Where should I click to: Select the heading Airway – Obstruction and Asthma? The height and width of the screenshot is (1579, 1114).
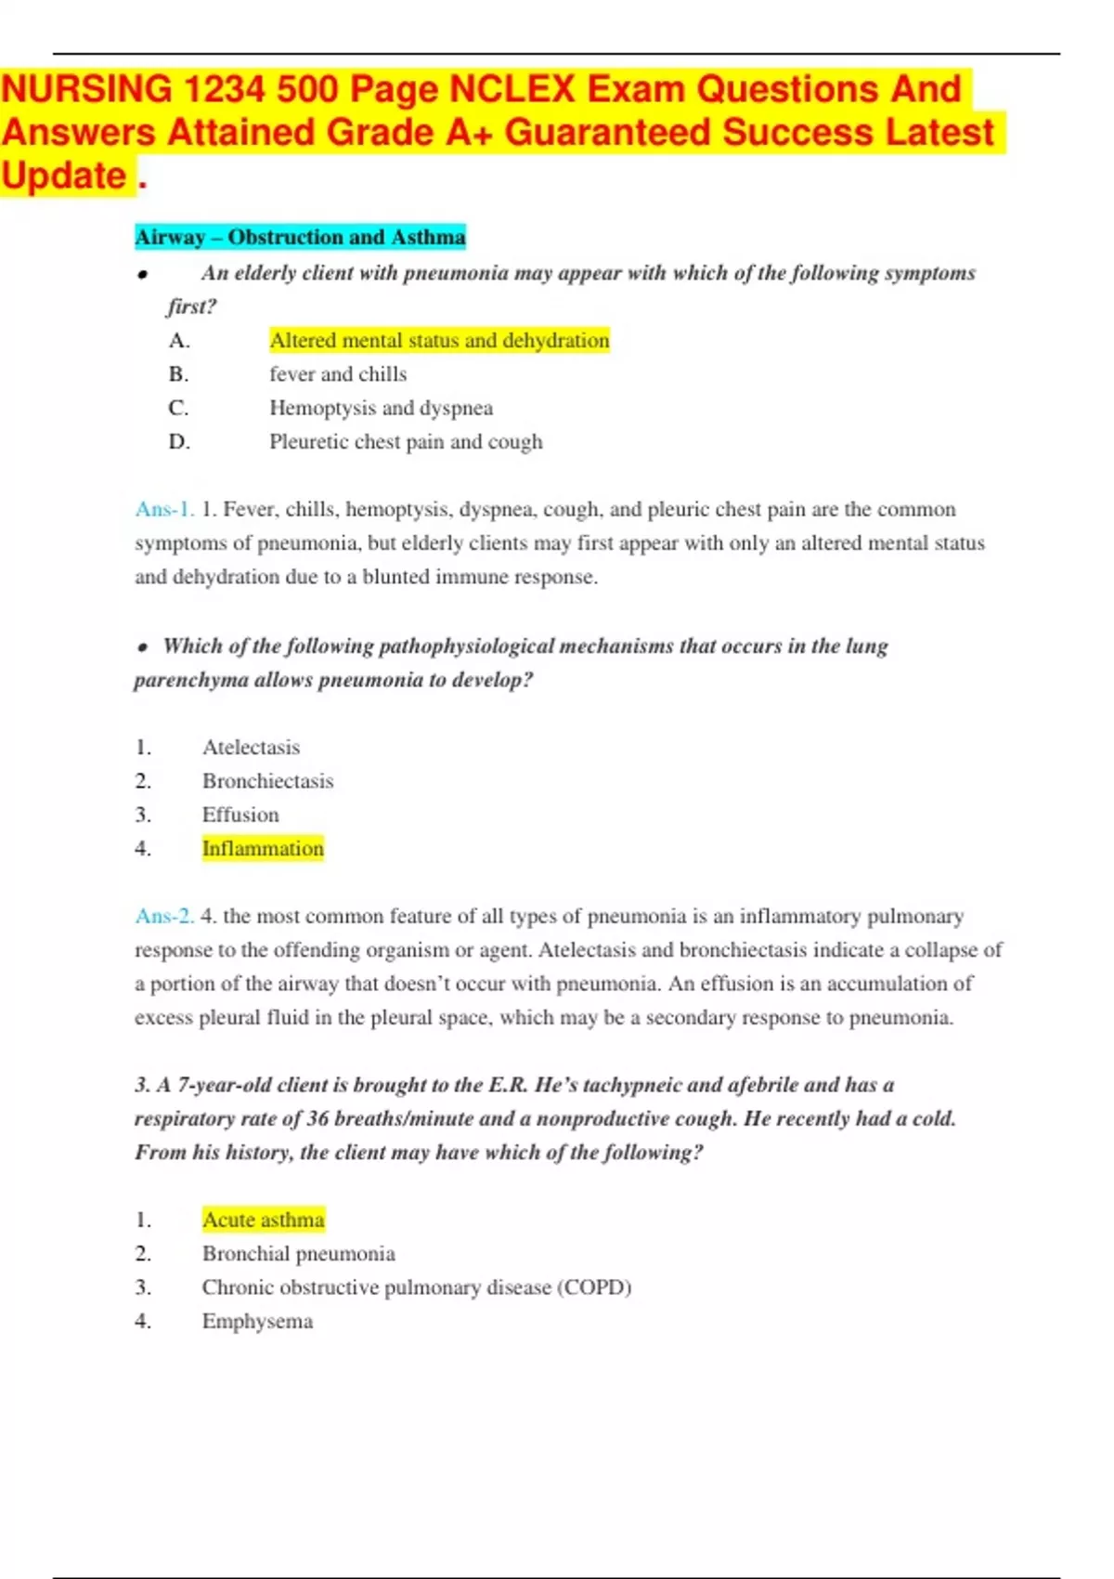(300, 238)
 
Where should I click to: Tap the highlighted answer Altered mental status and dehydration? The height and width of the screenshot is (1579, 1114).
(439, 341)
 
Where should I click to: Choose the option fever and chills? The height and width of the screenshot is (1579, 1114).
(338, 374)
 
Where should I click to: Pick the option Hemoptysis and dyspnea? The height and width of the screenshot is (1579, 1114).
(381, 409)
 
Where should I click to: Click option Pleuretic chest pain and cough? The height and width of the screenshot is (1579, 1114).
(406, 442)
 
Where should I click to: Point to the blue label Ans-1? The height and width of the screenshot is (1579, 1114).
(164, 510)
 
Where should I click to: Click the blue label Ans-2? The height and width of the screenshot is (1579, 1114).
(164, 917)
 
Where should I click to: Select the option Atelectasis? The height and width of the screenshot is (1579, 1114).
(251, 748)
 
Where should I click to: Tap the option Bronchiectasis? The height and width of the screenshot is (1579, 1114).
(267, 781)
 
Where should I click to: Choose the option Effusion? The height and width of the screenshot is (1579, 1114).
(240, 816)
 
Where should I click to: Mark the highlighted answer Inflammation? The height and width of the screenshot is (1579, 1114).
(263, 849)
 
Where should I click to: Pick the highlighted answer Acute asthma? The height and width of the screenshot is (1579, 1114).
(263, 1220)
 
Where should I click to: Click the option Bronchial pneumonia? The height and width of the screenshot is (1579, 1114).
(298, 1254)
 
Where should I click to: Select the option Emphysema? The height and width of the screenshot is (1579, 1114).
(257, 1322)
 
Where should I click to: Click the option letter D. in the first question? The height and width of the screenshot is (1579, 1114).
(179, 442)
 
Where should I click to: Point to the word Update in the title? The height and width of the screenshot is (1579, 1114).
(64, 176)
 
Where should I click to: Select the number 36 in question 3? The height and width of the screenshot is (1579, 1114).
(317, 1119)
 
